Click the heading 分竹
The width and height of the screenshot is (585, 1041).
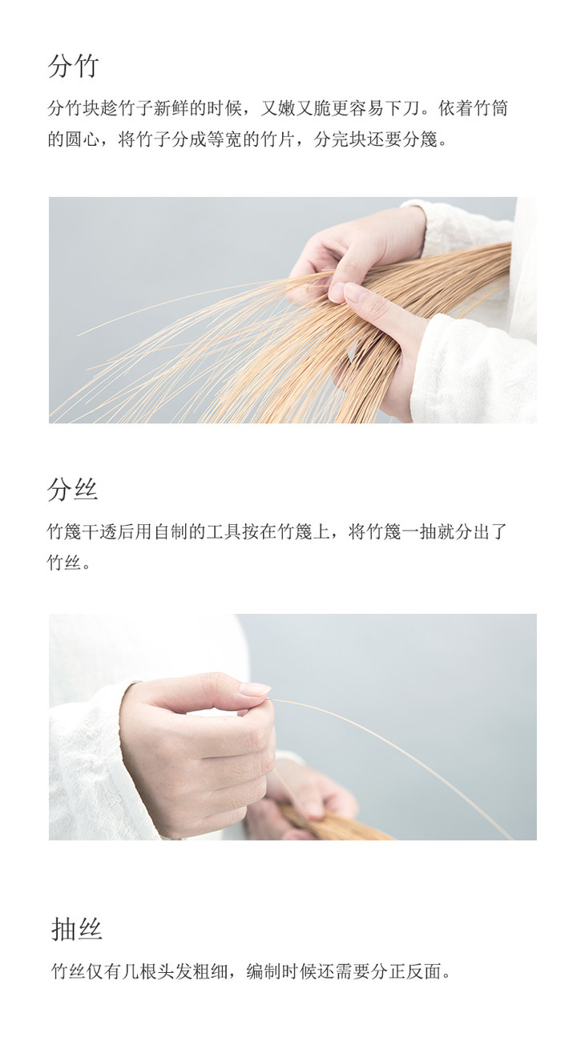click(74, 66)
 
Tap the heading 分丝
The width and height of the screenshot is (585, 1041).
click(72, 490)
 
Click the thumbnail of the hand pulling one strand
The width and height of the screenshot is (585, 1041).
click(292, 727)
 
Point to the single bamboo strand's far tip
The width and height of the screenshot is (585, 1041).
click(511, 838)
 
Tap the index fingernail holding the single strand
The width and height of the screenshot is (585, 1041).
click(254, 688)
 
